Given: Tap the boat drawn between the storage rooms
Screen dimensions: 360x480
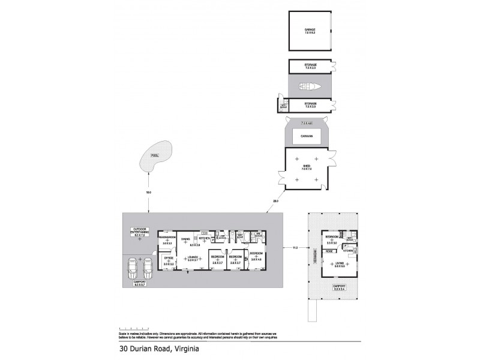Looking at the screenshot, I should [x=310, y=86].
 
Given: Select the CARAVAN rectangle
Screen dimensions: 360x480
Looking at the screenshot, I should [x=310, y=137].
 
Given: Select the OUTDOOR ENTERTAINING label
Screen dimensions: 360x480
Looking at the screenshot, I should [x=140, y=230].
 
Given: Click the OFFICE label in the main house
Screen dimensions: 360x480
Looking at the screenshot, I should [x=168, y=259].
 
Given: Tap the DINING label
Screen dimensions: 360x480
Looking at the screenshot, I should [x=185, y=239].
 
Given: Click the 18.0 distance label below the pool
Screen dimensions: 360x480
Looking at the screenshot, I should [x=148, y=192].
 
